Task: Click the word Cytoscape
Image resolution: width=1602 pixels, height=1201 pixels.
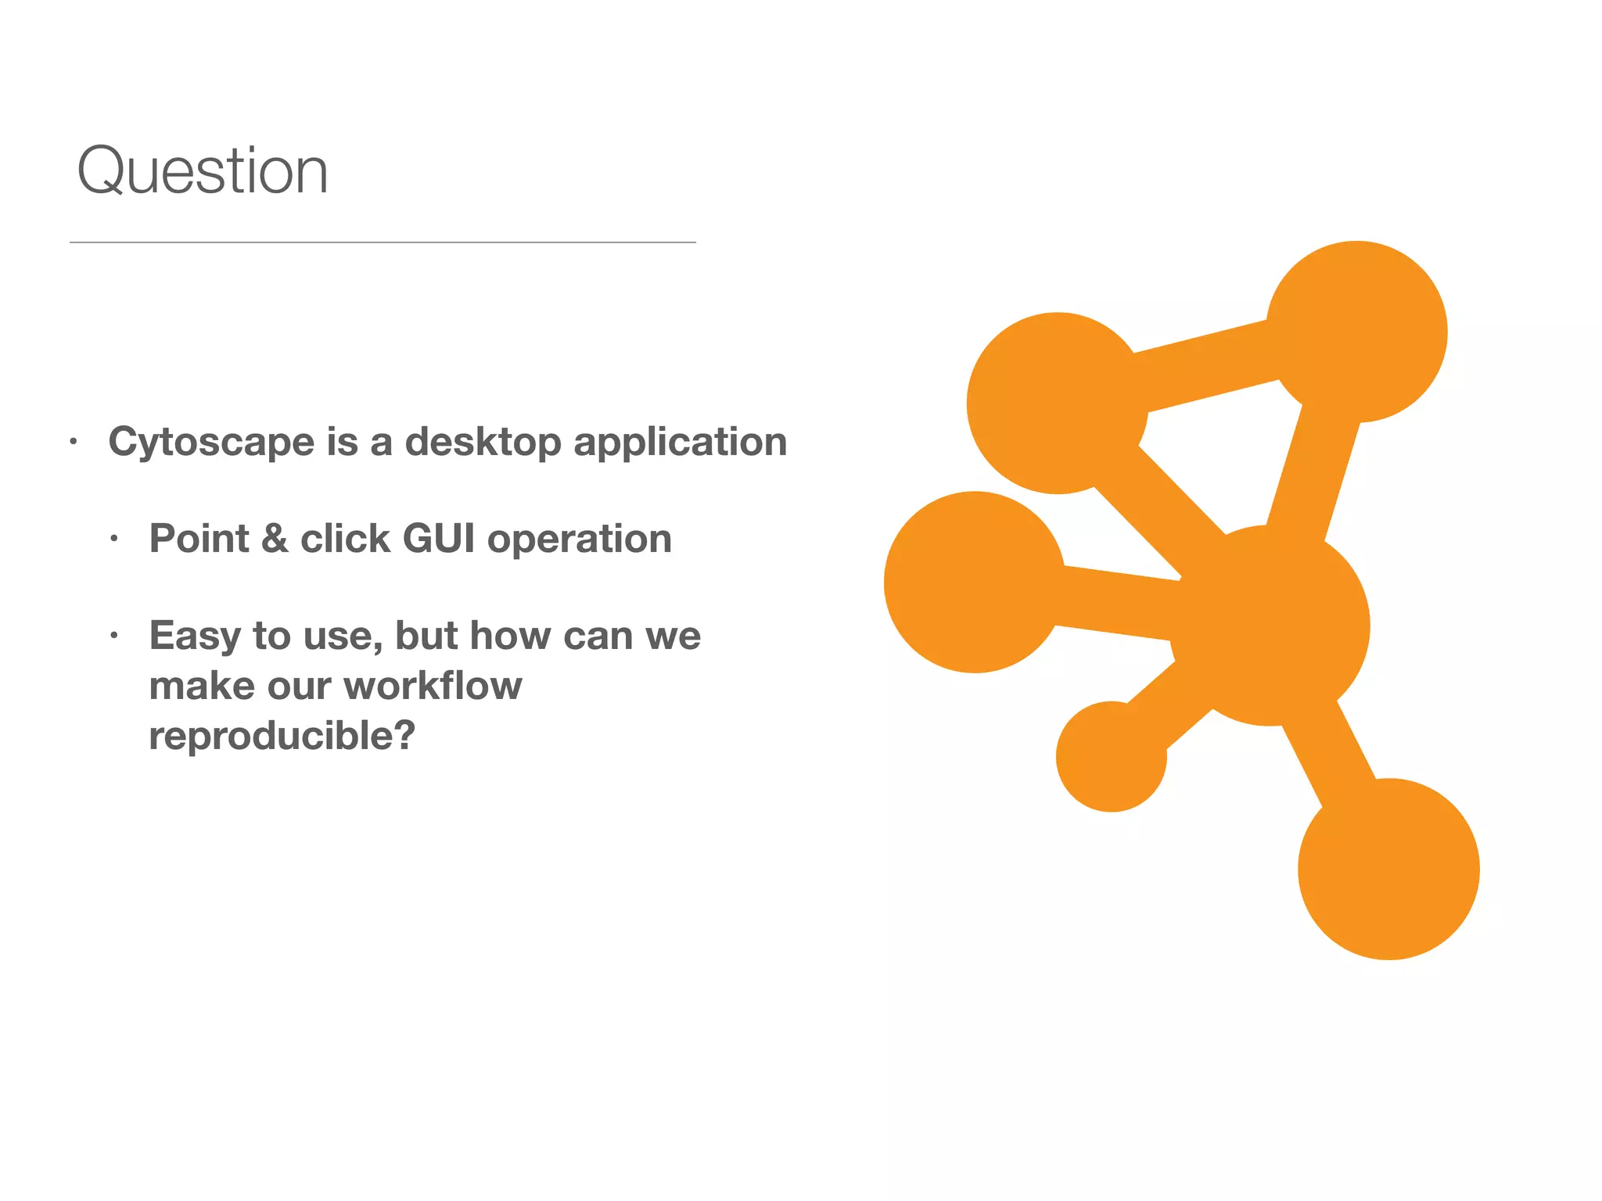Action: coord(211,443)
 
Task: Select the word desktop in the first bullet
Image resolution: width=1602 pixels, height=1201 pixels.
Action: coord(483,443)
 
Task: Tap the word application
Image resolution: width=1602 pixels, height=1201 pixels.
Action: coord(680,443)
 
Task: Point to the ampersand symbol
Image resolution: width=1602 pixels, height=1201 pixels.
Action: coord(275,539)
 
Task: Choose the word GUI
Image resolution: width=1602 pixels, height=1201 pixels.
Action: coord(438,539)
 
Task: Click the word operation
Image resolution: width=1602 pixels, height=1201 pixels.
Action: coord(579,539)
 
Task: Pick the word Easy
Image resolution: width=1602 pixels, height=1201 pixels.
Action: coord(195,636)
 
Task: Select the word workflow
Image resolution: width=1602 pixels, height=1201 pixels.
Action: coord(433,686)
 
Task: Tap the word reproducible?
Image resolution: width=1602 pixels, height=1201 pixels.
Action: coord(282,736)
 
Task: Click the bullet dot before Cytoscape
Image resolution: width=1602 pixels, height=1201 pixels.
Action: coord(74,442)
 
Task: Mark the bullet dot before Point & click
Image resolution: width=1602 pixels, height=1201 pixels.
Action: coord(114,539)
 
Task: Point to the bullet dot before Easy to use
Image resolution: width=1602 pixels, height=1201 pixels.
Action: coord(114,635)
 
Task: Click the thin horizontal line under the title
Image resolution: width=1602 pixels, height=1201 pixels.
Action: coord(383,242)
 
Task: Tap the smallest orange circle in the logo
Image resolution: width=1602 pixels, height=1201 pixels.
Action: coord(1111,757)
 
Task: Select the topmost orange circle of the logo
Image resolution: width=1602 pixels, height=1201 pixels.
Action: coord(1356,332)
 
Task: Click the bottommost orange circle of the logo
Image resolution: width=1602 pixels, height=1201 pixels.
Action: coord(1388,869)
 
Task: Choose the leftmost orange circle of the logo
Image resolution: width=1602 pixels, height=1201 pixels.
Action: coord(975,582)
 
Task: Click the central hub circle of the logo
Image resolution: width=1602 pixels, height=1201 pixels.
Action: coord(1269,626)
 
